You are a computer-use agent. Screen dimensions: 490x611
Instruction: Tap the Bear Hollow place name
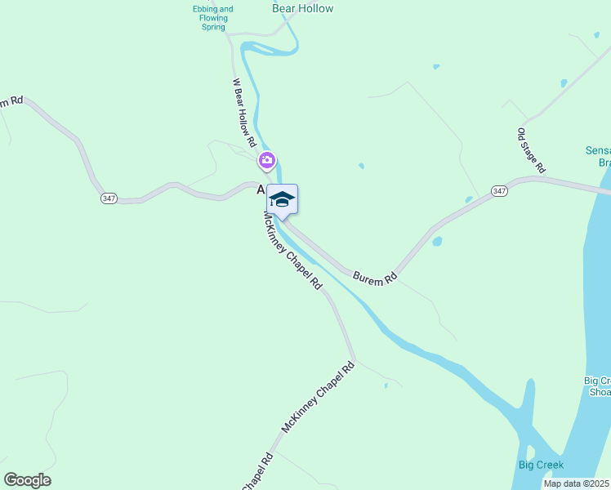tap(302, 8)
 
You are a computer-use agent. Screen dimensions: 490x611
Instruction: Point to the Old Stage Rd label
tap(531, 150)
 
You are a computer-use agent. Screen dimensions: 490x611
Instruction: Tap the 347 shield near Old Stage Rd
tap(501, 191)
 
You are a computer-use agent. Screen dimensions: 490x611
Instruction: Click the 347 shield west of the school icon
tap(109, 198)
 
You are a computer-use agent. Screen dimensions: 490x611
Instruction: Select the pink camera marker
tap(266, 160)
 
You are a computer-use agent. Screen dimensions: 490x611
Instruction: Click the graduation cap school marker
tap(282, 199)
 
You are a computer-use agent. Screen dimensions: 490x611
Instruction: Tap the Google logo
tap(27, 479)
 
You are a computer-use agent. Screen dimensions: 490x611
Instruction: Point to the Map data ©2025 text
tap(577, 483)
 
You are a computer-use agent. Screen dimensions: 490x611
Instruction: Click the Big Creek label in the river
tap(541, 465)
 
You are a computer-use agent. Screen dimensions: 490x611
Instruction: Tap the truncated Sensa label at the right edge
tap(598, 156)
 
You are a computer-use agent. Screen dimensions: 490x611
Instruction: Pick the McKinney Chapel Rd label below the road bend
tap(319, 398)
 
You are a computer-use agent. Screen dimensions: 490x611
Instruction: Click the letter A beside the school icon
tap(261, 189)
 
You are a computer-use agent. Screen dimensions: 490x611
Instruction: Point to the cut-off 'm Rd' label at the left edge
tap(11, 101)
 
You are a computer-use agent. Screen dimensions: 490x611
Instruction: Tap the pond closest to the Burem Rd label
tap(437, 242)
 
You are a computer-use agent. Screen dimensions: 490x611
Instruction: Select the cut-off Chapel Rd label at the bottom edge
tap(256, 471)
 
